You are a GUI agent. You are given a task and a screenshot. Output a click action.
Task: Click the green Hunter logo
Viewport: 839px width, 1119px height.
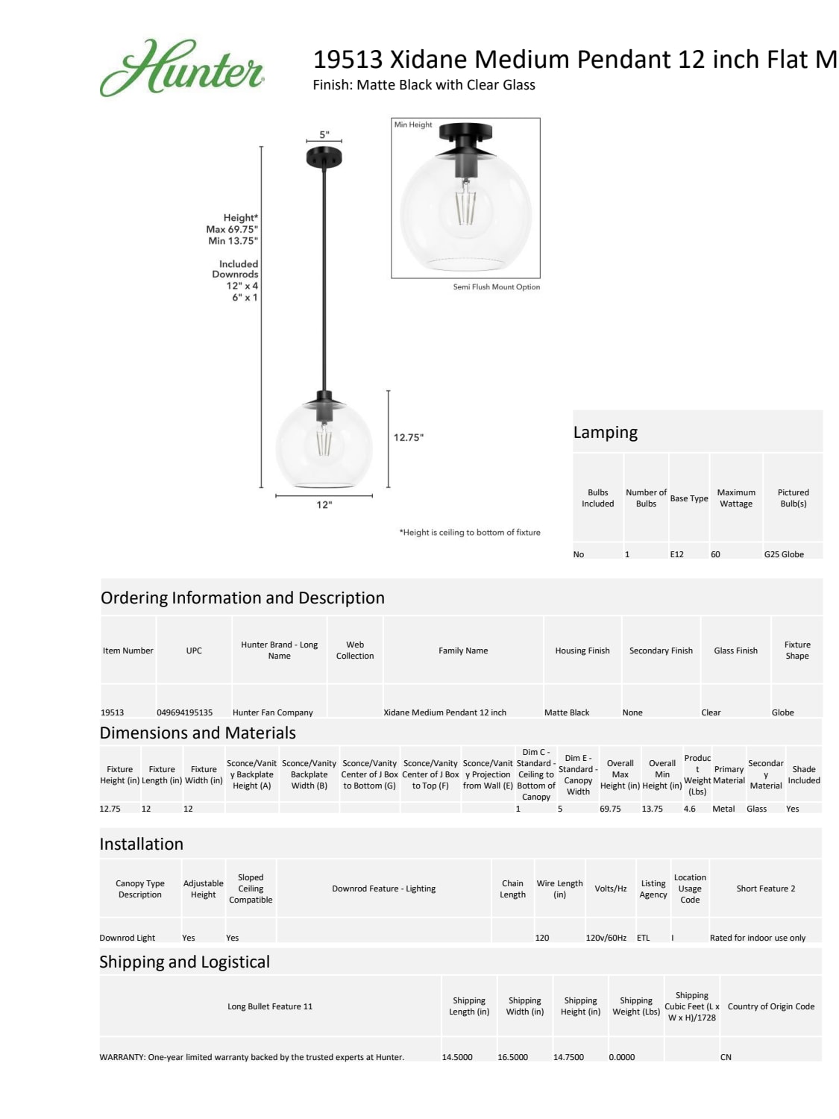pyautogui.click(x=181, y=69)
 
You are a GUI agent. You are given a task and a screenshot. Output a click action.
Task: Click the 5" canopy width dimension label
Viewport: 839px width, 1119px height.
pyautogui.click(x=324, y=135)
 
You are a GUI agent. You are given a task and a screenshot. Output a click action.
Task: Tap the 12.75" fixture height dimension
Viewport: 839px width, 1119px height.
pyautogui.click(x=408, y=438)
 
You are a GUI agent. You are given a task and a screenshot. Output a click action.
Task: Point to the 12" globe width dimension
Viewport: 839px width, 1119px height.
pyautogui.click(x=324, y=505)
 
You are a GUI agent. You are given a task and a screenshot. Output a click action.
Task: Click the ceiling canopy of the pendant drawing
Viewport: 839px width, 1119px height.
pyautogui.click(x=324, y=157)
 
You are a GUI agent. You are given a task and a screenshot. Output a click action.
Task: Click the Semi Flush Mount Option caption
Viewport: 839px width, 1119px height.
pyautogui.click(x=496, y=287)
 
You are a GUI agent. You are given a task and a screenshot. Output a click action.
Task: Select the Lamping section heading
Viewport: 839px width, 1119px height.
pyautogui.click(x=605, y=433)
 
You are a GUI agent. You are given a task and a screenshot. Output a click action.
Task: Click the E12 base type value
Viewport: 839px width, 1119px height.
pyautogui.click(x=676, y=554)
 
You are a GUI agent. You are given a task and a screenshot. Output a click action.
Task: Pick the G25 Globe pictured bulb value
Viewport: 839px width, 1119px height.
pyautogui.click(x=783, y=554)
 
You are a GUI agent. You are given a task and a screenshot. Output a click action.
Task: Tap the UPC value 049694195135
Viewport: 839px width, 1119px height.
pyautogui.click(x=184, y=712)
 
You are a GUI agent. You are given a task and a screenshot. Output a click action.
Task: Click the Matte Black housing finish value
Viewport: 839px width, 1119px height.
pyautogui.click(x=566, y=712)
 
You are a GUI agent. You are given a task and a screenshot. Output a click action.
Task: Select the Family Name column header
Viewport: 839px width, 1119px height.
pyautogui.click(x=462, y=651)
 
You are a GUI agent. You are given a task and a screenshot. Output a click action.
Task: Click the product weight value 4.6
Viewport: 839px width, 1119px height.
pyautogui.click(x=689, y=809)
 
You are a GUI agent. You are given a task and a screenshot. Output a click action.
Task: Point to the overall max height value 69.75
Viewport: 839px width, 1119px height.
pyautogui.click(x=610, y=809)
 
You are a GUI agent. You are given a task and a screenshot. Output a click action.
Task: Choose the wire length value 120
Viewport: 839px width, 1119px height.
pyautogui.click(x=542, y=938)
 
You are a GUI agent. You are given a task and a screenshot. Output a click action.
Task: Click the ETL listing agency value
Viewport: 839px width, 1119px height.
pyautogui.click(x=643, y=938)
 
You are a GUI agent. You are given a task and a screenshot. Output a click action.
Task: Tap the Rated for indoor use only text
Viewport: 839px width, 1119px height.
pyautogui.click(x=757, y=938)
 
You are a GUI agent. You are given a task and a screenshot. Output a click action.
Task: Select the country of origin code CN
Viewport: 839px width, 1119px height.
pyautogui.click(x=726, y=1057)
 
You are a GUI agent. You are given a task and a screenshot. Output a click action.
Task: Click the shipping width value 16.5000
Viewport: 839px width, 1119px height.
pyautogui.click(x=512, y=1057)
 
